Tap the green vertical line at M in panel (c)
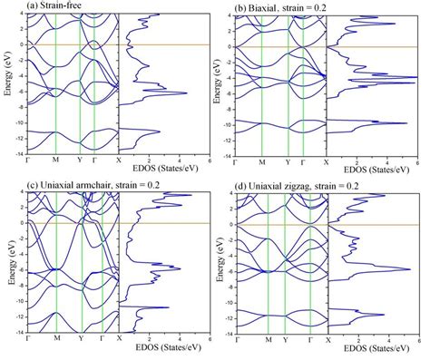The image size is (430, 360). [x=56, y=263]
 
